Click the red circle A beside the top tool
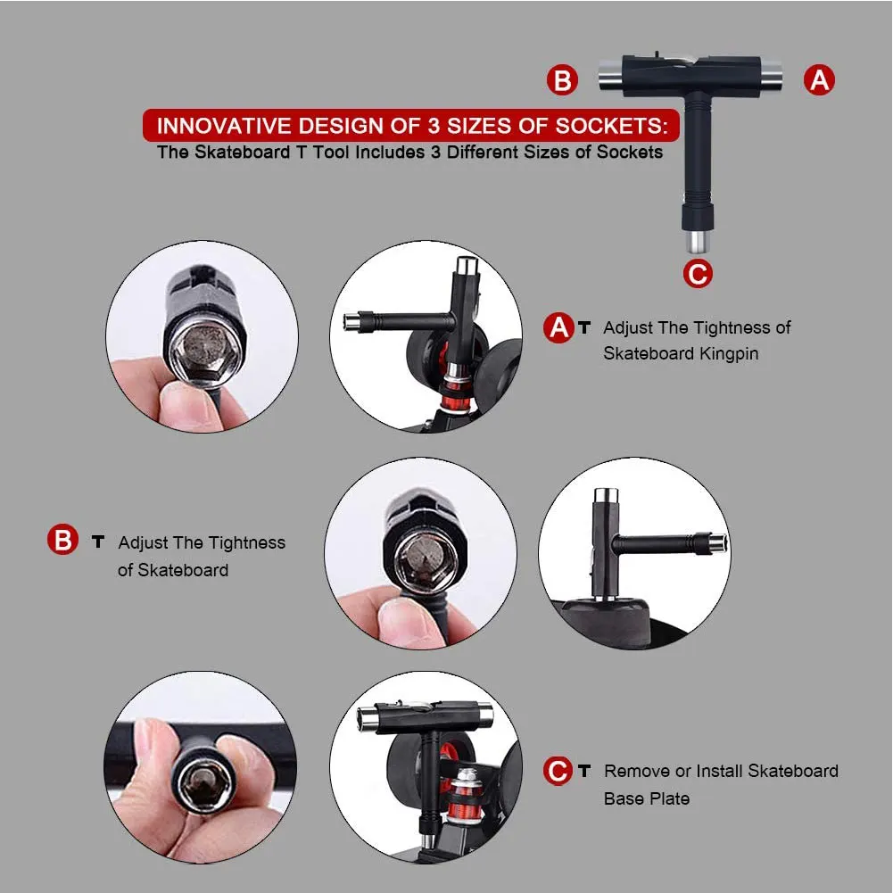(819, 80)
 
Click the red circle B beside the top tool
(562, 80)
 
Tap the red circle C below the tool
(698, 273)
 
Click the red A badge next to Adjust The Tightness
(558, 328)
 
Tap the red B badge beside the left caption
(62, 541)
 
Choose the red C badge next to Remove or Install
(558, 771)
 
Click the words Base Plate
(646, 798)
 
